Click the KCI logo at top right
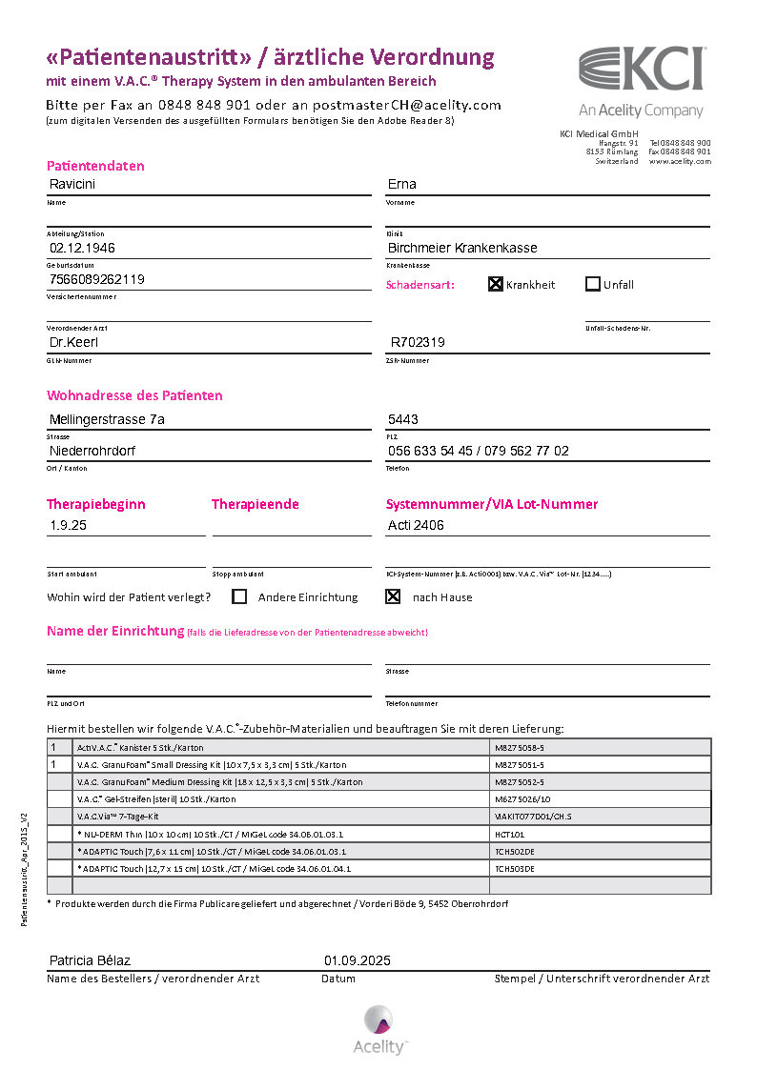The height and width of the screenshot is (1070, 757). click(x=642, y=70)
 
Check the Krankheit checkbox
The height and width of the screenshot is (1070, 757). click(x=496, y=284)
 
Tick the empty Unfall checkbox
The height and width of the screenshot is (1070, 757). click(x=592, y=284)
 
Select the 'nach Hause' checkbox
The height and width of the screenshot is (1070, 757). click(x=393, y=596)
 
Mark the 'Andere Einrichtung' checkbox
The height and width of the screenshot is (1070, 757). click(x=239, y=596)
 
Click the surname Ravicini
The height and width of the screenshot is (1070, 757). click(x=72, y=184)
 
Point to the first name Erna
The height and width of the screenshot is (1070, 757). click(x=401, y=184)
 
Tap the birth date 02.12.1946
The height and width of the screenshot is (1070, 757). click(x=82, y=248)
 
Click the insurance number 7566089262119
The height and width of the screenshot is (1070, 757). click(x=96, y=279)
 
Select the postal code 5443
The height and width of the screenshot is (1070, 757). click(x=402, y=419)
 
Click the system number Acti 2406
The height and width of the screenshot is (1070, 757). click(x=416, y=525)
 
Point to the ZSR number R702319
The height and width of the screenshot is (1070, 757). click(x=418, y=342)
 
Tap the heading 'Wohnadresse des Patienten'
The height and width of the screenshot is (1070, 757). click(x=134, y=395)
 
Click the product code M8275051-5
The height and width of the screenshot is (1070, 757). click(x=520, y=764)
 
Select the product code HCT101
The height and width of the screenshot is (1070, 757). click(x=510, y=834)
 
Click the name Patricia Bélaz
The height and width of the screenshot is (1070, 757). click(x=90, y=960)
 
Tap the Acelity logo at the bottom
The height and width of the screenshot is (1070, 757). click(x=379, y=1029)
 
